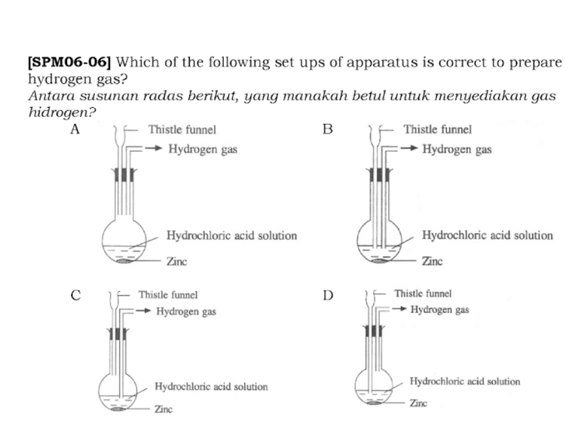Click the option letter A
(x=75, y=129)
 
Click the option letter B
(x=327, y=129)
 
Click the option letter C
(x=75, y=295)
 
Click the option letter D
(x=327, y=295)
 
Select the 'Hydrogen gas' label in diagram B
(x=457, y=149)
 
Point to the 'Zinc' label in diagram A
(x=176, y=262)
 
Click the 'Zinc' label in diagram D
(x=418, y=404)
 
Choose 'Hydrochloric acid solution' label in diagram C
(x=211, y=386)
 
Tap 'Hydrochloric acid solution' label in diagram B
(x=487, y=235)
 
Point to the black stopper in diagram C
(x=117, y=334)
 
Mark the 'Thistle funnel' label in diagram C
(x=167, y=296)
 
